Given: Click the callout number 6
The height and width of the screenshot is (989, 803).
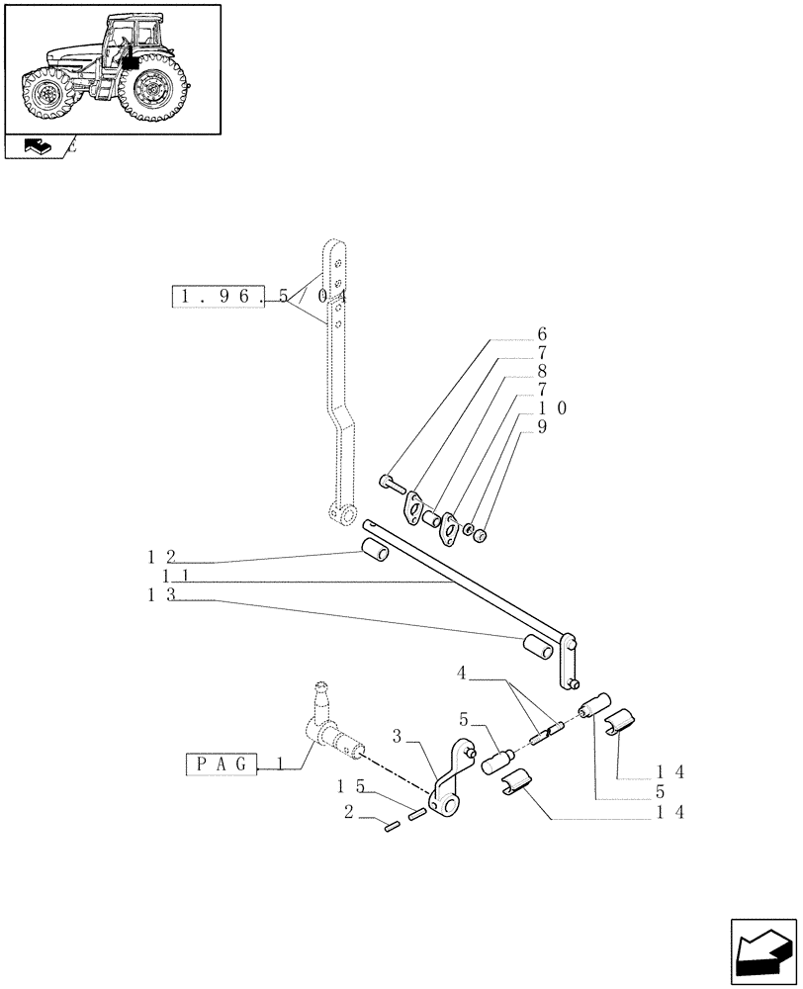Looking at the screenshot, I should [x=542, y=334].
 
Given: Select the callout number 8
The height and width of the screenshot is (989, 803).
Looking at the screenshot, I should [x=542, y=371].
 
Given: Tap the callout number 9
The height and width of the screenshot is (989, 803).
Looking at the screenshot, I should [x=542, y=426].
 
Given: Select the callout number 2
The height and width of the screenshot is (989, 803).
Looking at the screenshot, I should [x=349, y=813].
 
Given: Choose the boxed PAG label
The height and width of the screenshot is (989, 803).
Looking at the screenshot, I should [x=223, y=764].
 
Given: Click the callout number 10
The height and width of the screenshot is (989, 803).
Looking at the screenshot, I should [x=552, y=407].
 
